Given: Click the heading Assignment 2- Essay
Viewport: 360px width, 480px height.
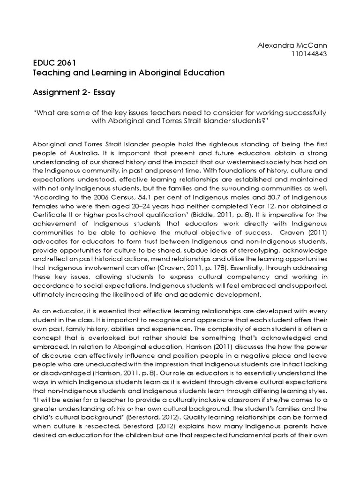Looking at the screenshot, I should [73, 93].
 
